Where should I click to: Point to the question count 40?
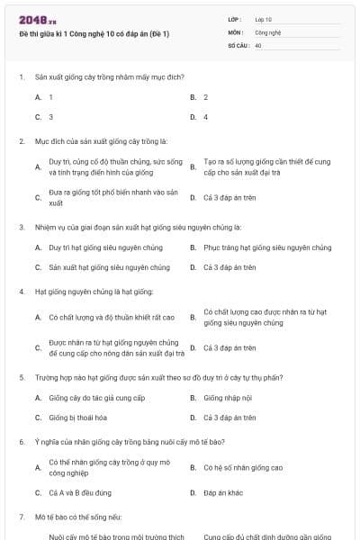pyautogui.click(x=258, y=44)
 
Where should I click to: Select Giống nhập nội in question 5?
pyautogui.click(x=229, y=397)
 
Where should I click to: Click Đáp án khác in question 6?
pyautogui.click(x=221, y=492)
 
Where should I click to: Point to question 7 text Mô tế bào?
pyautogui.click(x=82, y=517)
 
